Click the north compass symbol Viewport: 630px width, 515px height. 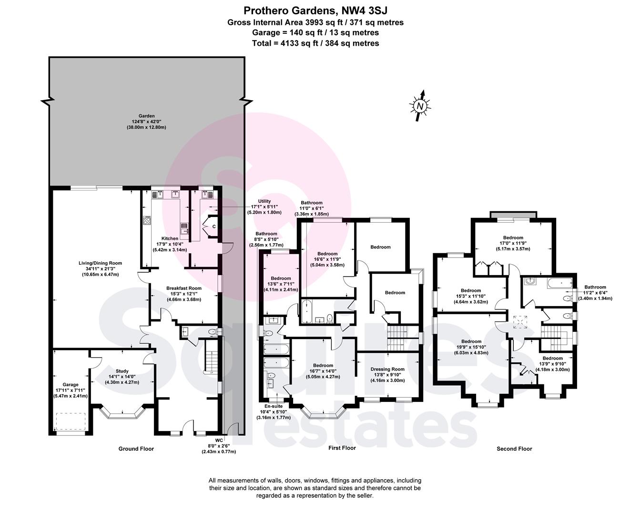pos(420,105)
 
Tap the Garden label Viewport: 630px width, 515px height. pos(146,116)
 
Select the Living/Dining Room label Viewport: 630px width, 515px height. pos(101,263)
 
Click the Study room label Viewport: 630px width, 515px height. pos(122,371)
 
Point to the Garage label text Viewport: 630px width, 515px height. pos(71,385)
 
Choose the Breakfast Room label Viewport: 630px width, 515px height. pos(184,288)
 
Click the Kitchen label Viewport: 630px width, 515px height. pos(170,238)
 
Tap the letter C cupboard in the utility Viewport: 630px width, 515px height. pos(214,227)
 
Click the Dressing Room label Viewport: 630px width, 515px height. pos(387,369)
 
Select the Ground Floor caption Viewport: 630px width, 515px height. pos(136,449)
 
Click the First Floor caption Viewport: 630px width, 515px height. pos(342,448)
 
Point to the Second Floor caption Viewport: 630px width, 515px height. pos(514,449)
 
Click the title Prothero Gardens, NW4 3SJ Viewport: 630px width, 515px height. pos(315,11)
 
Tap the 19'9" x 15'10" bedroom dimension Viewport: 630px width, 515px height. pos(471,347)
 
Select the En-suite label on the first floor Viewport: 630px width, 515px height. pos(274,406)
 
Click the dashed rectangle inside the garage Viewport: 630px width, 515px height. pos(71,422)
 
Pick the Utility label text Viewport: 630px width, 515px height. pos(264,201)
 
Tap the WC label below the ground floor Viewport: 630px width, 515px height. pos(219,440)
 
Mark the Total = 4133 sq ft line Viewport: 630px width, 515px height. pos(315,43)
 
